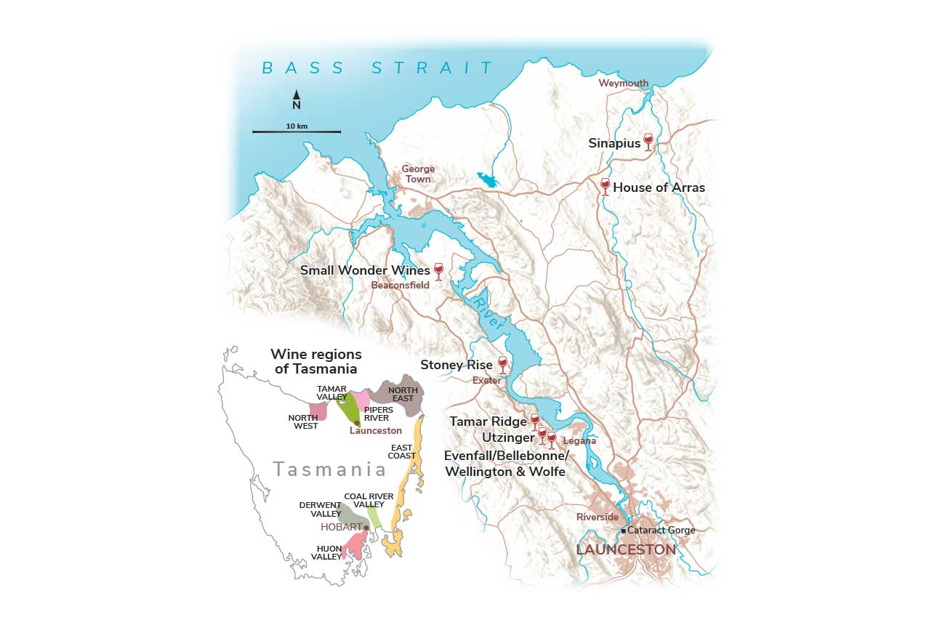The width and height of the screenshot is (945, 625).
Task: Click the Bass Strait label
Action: coord(377,68)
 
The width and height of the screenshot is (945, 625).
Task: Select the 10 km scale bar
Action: coord(297,132)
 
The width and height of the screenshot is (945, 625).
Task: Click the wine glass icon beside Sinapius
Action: coord(648,142)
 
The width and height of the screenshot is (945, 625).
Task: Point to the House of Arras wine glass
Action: coord(605,186)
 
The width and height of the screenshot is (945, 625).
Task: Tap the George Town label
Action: coord(418,174)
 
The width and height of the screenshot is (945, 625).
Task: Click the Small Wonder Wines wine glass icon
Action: coord(438,271)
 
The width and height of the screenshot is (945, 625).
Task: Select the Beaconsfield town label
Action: coord(400,286)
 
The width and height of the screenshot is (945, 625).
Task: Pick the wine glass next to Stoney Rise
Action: coord(502,364)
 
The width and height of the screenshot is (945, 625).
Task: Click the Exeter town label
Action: coord(486,380)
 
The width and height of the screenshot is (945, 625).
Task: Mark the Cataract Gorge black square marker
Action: coord(623,531)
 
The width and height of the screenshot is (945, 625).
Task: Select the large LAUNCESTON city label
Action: coord(626,550)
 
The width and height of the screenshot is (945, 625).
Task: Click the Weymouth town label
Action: coord(623,84)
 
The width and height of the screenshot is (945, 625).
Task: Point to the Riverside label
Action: coord(597,517)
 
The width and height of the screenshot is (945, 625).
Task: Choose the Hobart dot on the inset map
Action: coord(366,528)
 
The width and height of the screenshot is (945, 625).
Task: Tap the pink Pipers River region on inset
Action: coord(361,399)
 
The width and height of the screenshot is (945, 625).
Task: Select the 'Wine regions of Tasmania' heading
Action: coord(315,361)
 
